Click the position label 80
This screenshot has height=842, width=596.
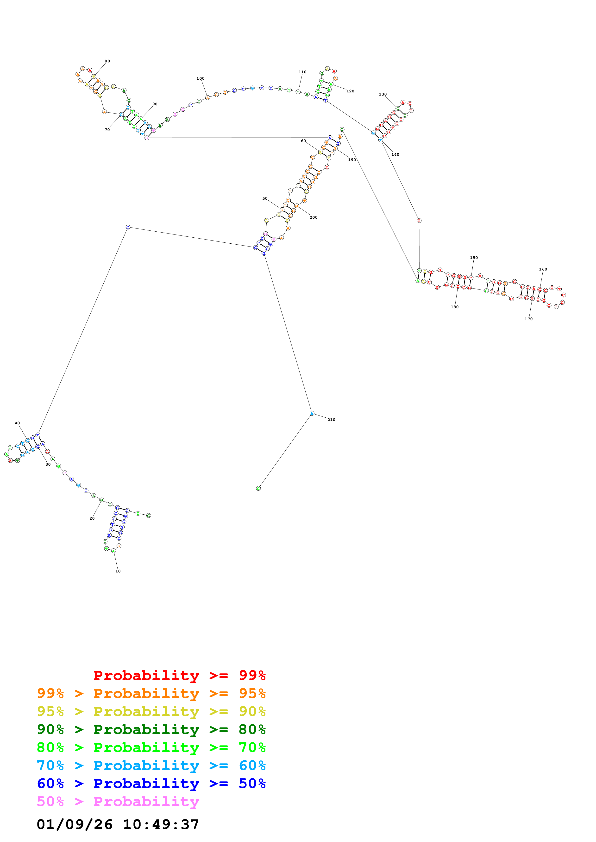click(x=107, y=61)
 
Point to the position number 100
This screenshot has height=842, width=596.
click(x=201, y=78)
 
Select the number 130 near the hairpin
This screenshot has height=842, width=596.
click(x=383, y=94)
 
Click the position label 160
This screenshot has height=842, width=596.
click(x=543, y=269)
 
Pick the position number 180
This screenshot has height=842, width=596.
click(x=455, y=307)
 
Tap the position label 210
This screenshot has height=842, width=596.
click(x=331, y=420)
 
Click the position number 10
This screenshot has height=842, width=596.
click(x=118, y=571)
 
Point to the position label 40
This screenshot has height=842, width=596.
click(x=17, y=423)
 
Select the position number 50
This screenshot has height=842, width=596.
click(x=265, y=198)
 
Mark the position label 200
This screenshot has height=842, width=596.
click(x=313, y=217)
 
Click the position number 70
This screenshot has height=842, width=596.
click(x=107, y=130)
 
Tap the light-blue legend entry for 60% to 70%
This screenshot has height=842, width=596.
click(x=151, y=765)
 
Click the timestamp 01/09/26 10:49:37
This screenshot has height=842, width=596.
click(x=118, y=824)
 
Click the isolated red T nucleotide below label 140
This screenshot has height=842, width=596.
click(x=419, y=221)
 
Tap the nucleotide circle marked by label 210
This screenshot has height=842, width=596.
click(x=312, y=414)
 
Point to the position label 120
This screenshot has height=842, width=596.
click(x=350, y=91)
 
